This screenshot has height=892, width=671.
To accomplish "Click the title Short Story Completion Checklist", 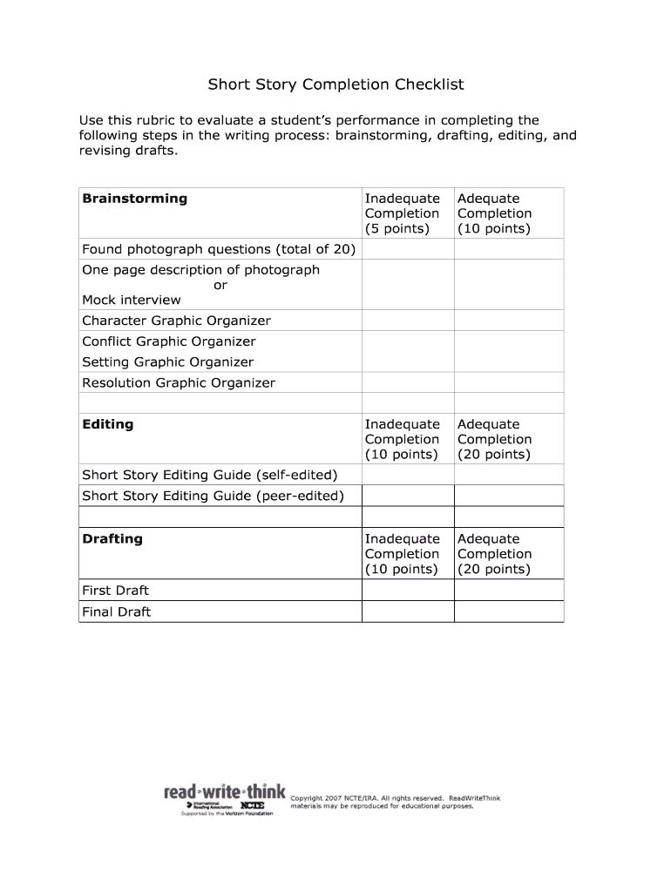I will point(335,84).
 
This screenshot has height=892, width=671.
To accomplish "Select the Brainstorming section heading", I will point(134,199).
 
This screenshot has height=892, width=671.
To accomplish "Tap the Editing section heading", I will point(107,424).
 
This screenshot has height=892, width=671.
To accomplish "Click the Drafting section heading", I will point(112,539).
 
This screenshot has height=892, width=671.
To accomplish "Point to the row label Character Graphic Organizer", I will point(176,321).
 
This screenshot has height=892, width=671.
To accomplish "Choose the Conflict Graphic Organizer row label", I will point(169,341).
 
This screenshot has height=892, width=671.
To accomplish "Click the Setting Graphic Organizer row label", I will point(167,362).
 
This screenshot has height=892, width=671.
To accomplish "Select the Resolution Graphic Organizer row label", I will point(178,383).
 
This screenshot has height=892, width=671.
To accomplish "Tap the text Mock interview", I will point(132,300).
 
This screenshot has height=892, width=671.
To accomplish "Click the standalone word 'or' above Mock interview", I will point(220,285).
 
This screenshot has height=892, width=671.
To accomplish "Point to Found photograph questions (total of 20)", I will point(219,249).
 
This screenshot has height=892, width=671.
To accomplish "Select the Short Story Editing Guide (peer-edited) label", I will point(213,496).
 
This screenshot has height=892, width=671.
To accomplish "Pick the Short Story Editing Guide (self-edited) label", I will point(209,475).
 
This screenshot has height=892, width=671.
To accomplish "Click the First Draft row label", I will point(115,591).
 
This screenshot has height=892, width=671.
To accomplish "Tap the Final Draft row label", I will point(116,612).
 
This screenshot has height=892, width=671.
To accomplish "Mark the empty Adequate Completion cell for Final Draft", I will point(508,612).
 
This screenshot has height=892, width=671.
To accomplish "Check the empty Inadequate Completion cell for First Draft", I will point(408,591).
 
